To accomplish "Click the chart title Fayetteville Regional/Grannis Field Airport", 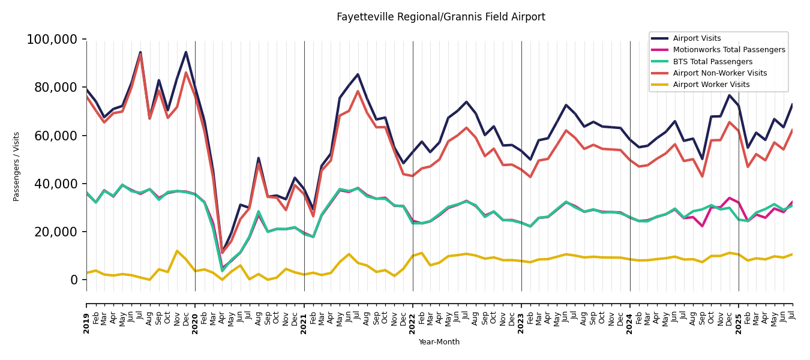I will tap(440, 17).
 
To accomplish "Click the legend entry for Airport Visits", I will tap(697, 38).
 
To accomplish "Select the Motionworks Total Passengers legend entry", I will tap(728, 50).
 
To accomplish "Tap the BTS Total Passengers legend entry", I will tap(712, 62).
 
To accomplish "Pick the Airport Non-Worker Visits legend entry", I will tap(719, 73).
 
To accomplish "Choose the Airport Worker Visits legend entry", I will tap(711, 85).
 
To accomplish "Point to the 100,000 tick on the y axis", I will tap(52, 40).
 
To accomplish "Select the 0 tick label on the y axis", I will tap(74, 280).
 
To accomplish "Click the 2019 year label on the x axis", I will tap(86, 323).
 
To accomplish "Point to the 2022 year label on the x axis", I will tap(413, 323).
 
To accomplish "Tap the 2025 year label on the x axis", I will tap(739, 323).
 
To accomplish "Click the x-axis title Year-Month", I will tap(439, 342).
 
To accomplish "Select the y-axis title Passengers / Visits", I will tap(17, 166).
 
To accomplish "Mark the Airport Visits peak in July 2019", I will tap(140, 52).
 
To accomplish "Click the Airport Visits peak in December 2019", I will tap(186, 52).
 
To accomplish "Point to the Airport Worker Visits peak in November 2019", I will tap(177, 251).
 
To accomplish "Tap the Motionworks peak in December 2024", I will tap(730, 198).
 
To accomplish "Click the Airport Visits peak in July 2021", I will tap(358, 74).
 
